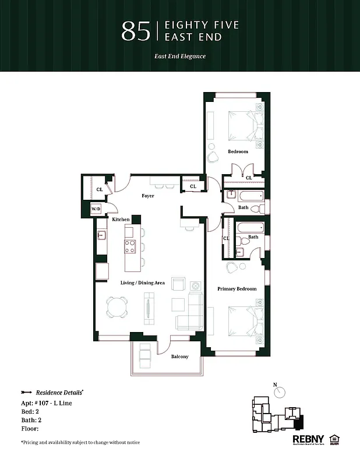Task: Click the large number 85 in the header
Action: pyautogui.click(x=136, y=31)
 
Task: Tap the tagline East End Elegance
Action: pyautogui.click(x=179, y=57)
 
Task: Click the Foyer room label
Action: pyautogui.click(x=148, y=196)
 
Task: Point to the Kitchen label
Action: pyautogui.click(x=121, y=219)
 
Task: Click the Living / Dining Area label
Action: pyautogui.click(x=143, y=283)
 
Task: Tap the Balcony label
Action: pyautogui.click(x=179, y=356)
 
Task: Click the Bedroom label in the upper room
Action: pyautogui.click(x=238, y=151)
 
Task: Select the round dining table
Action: pyautogui.click(x=118, y=307)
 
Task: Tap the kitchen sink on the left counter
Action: pyautogui.click(x=101, y=235)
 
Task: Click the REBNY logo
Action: pyautogui.click(x=307, y=439)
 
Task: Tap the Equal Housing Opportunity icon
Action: pyautogui.click(x=335, y=439)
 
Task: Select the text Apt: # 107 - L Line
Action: pyautogui.click(x=47, y=403)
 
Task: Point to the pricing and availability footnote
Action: pyautogui.click(x=80, y=443)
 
